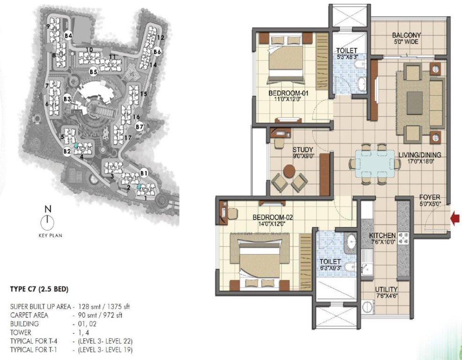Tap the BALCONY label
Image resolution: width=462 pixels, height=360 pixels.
[406, 35]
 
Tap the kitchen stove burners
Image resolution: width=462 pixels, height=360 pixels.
[403, 239]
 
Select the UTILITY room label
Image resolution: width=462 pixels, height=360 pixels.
[387, 289]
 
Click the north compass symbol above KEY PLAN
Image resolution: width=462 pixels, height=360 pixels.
[47, 220]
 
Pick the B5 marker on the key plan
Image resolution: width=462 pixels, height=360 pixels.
[93, 72]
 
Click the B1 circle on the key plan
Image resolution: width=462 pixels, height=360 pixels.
[144, 173]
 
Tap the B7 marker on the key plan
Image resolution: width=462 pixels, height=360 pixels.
[139, 127]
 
